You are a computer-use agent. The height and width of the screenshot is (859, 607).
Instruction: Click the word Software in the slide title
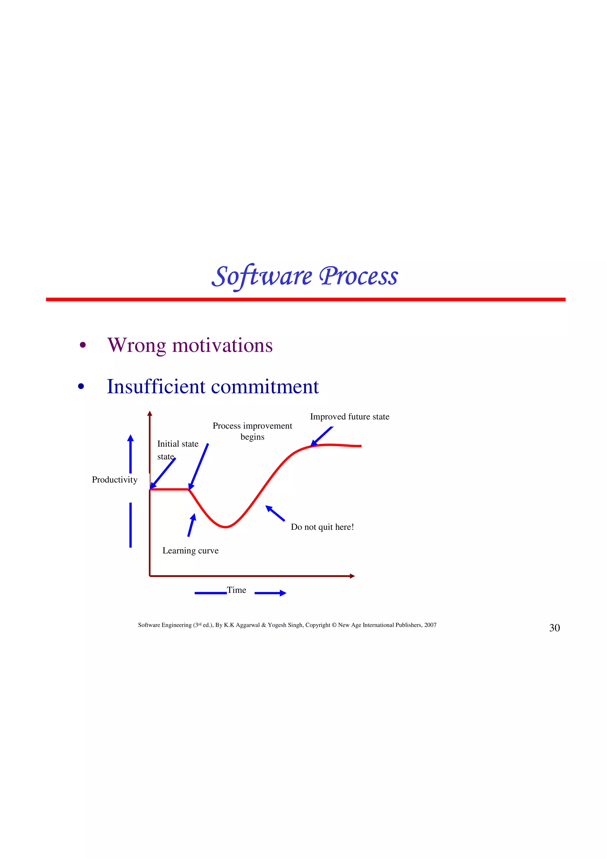click(262, 276)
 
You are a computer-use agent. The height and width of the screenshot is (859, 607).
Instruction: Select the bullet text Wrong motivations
click(190, 345)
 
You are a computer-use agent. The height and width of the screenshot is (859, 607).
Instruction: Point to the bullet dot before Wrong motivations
click(83, 345)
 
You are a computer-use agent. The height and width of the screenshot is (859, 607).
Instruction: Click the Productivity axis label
click(114, 480)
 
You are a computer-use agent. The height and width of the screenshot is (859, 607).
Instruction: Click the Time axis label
click(236, 590)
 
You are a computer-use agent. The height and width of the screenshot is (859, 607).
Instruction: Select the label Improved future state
click(349, 417)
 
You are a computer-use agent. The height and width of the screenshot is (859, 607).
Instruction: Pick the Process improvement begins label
click(252, 431)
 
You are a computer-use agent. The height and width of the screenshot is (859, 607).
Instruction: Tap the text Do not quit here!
click(322, 527)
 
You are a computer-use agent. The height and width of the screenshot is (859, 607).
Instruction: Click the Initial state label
click(178, 444)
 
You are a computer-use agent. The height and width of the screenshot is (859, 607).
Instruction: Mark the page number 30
click(554, 628)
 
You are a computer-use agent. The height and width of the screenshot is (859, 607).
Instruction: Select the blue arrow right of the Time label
click(270, 593)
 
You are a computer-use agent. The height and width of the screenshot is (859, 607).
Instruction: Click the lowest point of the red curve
click(226, 527)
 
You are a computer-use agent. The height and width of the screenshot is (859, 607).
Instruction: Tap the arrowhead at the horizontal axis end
click(352, 576)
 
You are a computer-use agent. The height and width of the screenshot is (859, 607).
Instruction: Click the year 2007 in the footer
click(430, 625)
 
